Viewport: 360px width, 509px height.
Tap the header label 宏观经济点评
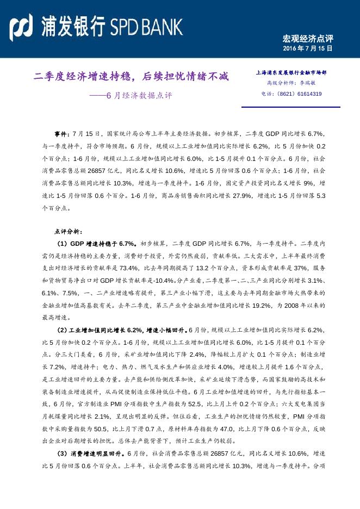[x=307, y=39]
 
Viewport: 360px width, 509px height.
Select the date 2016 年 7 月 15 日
[x=307, y=49]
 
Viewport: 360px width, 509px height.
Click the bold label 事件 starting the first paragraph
[x=61, y=134]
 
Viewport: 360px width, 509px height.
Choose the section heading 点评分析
[x=68, y=232]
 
